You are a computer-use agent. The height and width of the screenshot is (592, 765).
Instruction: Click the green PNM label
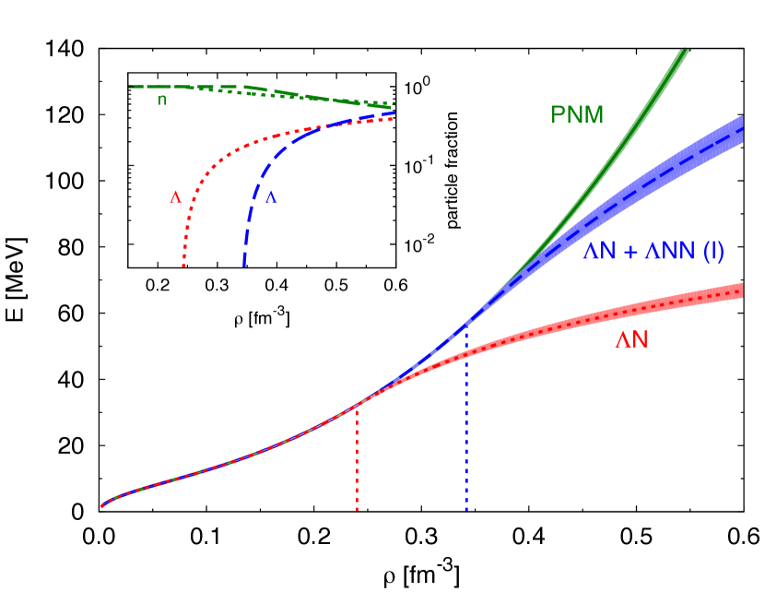point(577,115)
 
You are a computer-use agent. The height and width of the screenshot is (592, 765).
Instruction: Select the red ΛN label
point(631,340)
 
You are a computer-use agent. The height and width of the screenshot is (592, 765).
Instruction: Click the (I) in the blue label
point(713,251)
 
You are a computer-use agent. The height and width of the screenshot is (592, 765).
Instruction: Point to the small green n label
point(162,100)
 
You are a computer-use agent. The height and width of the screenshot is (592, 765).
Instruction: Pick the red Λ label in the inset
point(175,196)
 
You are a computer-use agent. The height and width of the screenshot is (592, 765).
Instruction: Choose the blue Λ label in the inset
point(271,196)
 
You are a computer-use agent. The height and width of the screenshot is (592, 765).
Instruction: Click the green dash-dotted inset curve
point(277,92)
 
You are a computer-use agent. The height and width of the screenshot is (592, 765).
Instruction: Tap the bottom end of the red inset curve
point(183,266)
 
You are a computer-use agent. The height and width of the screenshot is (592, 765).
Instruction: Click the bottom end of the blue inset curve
point(244,266)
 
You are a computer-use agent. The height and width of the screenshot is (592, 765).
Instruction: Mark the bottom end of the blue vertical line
point(466,510)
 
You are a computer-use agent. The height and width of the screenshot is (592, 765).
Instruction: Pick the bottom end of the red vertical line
point(357,510)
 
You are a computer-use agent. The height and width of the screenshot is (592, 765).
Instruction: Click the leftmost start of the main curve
point(101,506)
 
